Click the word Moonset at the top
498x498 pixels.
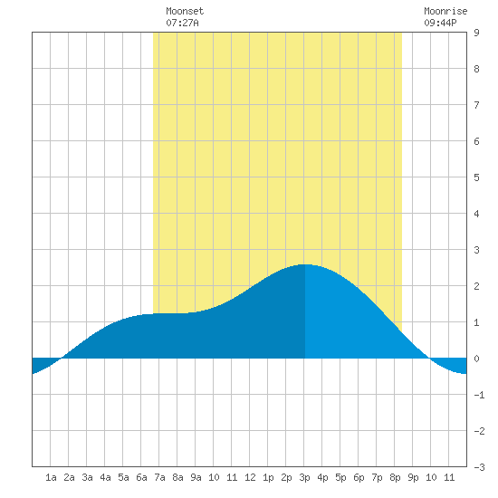pos(185,11)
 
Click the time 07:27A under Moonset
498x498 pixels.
pos(182,23)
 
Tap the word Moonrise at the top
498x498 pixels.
pos(445,11)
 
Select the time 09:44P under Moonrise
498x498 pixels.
pos(440,23)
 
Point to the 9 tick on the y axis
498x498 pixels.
pos(476,33)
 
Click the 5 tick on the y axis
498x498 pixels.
pos(476,177)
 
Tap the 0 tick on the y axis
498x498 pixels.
pos(476,359)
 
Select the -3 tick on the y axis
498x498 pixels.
pos(479,467)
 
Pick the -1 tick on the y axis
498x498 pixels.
pos(479,395)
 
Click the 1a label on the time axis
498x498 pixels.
pos(51,477)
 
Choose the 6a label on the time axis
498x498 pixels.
pos(141,477)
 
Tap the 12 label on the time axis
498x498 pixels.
pos(250,477)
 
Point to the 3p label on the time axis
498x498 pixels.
pos(304,477)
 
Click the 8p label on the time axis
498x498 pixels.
pos(395,477)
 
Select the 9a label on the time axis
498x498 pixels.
pos(196,477)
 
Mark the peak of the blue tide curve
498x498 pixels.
pos(304,264)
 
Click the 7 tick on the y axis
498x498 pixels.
pos(476,105)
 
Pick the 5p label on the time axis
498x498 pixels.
pos(340,477)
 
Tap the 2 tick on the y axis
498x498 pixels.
pos(476,286)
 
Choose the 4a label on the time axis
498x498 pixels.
pos(105,477)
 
